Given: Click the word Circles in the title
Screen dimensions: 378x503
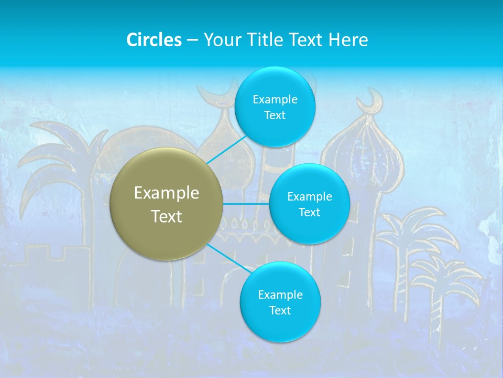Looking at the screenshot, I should [x=154, y=40].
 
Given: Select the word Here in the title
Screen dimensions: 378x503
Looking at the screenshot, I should [x=348, y=40].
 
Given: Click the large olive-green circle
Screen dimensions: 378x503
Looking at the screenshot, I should [x=167, y=204].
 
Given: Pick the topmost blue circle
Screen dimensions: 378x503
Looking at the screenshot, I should [x=275, y=107].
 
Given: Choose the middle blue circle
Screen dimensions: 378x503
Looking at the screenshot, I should [x=309, y=204].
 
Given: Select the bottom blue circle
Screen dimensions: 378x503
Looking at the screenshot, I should [x=280, y=302].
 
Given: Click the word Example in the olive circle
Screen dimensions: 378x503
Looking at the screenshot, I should [x=167, y=193].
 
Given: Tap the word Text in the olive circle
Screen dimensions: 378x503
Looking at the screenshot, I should [x=167, y=216].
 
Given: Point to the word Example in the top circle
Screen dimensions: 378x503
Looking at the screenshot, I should [x=275, y=99].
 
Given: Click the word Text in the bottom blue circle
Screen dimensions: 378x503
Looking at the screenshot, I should [x=280, y=310].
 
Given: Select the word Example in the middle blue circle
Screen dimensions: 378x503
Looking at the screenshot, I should [x=309, y=196].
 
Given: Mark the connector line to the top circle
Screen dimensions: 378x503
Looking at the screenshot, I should [x=226, y=150].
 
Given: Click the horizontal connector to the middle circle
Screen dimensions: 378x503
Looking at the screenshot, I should [x=246, y=204].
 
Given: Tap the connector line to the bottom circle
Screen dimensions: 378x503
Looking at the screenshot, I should [x=228, y=258].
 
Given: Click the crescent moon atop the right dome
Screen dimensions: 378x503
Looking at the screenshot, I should [x=374, y=99].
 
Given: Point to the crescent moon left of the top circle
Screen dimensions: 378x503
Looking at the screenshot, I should [x=215, y=94].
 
